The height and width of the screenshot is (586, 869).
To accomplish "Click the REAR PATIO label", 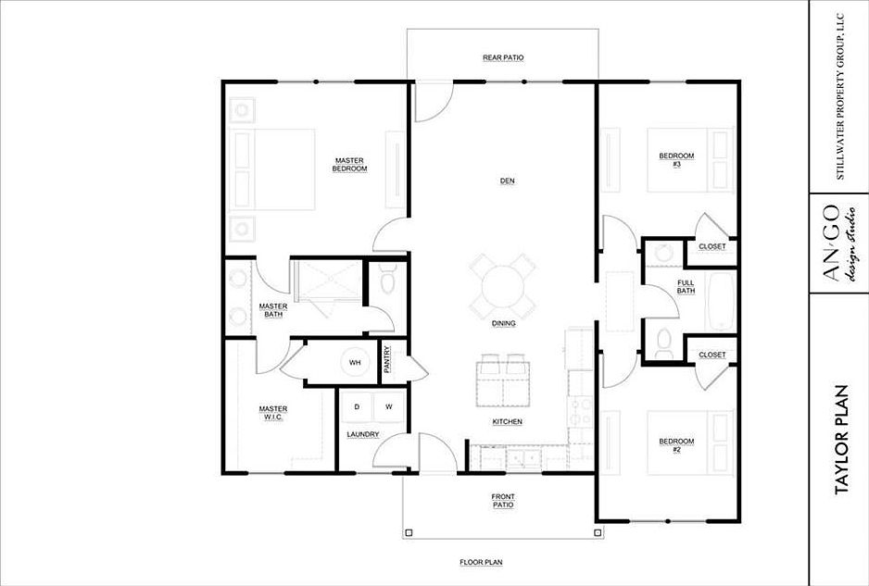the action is [503, 57].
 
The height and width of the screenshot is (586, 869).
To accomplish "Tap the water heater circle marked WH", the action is [355, 363].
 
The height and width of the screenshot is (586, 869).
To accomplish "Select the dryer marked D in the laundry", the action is [358, 407].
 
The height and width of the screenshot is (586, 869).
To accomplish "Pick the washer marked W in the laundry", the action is [389, 407].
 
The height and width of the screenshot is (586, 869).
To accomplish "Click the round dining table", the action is [503, 286].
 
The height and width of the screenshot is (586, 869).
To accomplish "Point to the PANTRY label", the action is [387, 359].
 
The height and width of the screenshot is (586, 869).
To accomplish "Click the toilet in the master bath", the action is [386, 279].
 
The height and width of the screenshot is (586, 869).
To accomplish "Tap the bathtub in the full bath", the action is [721, 301].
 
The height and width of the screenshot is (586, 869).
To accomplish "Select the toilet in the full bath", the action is [663, 343].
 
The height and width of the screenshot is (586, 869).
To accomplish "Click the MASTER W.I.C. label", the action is [273, 413].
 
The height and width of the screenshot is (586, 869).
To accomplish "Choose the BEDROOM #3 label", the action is [676, 160].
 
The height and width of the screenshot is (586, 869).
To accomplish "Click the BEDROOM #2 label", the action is [676, 445].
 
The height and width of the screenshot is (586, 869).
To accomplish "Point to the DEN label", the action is [507, 181].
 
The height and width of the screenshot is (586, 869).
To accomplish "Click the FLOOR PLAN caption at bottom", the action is [481, 563].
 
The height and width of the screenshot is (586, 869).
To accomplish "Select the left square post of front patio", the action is [409, 533].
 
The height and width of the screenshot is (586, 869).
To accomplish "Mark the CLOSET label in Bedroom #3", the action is [712, 246].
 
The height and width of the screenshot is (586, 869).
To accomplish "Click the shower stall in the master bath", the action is [328, 281].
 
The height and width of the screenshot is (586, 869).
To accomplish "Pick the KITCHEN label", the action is [507, 422].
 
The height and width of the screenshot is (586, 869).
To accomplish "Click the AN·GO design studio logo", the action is [838, 243].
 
